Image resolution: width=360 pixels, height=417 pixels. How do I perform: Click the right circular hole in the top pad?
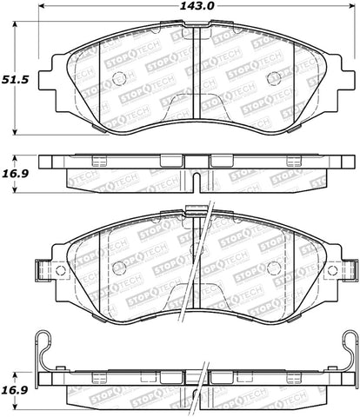pyautogui.click(x=274, y=78)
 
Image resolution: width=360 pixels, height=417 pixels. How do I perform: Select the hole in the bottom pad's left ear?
pyautogui.click(x=60, y=270)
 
